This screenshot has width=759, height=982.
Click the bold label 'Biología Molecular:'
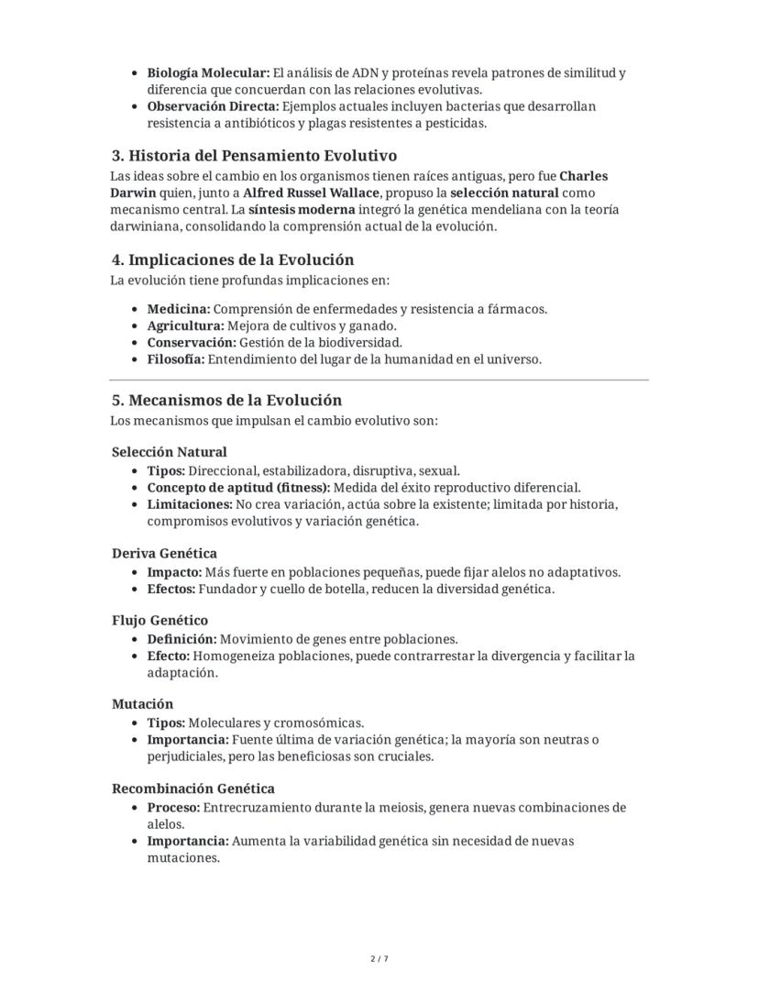click(208, 72)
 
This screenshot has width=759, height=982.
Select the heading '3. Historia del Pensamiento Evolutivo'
click(254, 155)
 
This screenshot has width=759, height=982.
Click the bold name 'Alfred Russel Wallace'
click(312, 193)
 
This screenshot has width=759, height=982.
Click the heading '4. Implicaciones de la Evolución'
click(232, 259)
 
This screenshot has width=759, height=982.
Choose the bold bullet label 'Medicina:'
click(179, 309)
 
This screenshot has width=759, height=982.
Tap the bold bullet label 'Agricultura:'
click(185, 325)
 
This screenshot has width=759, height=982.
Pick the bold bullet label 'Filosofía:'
click(176, 359)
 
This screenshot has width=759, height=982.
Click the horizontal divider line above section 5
click(379, 380)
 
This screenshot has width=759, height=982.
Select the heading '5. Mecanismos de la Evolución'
click(226, 401)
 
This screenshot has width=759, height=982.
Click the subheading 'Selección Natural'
click(170, 452)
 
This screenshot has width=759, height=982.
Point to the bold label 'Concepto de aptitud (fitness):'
click(238, 488)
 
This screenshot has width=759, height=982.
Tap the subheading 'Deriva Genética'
click(164, 554)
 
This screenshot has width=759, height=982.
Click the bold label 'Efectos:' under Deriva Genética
click(171, 589)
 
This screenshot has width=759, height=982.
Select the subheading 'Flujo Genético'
click(159, 621)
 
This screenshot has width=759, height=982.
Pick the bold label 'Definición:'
click(181, 639)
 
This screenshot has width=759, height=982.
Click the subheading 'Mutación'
click(142, 704)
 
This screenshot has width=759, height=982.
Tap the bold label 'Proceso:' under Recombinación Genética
click(173, 808)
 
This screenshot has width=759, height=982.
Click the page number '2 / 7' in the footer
click(379, 959)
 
